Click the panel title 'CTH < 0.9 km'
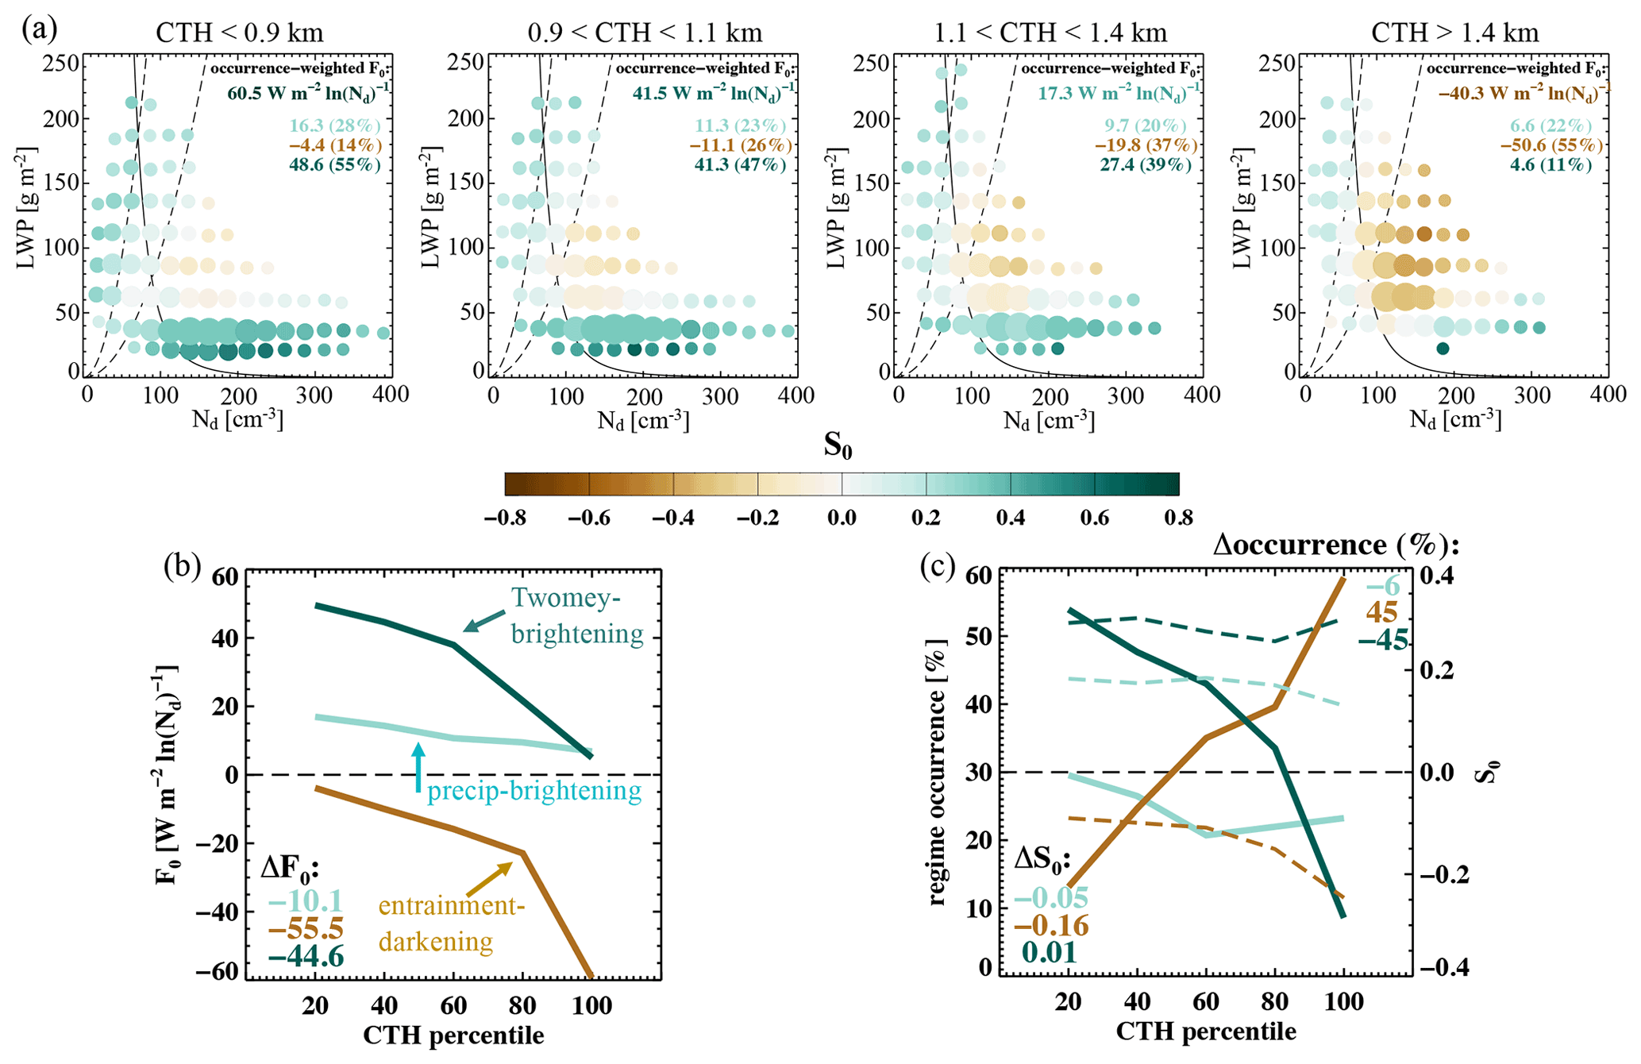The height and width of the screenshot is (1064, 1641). pyautogui.click(x=239, y=33)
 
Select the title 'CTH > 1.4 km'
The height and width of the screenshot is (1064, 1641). pyautogui.click(x=1455, y=33)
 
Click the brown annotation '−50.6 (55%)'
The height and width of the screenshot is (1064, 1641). pyautogui.click(x=1551, y=145)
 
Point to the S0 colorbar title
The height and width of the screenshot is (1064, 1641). pyautogui.click(x=838, y=446)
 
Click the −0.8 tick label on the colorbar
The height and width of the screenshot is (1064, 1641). pyautogui.click(x=506, y=519)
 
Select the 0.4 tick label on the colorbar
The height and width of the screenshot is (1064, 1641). pyautogui.click(x=1010, y=519)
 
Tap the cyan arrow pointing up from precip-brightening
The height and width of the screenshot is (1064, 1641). pyautogui.click(x=418, y=766)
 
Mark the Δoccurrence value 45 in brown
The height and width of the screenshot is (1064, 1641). pyautogui.click(x=1381, y=613)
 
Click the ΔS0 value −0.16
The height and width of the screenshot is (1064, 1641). pyautogui.click(x=1052, y=925)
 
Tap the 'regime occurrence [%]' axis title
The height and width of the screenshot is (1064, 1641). pyautogui.click(x=938, y=772)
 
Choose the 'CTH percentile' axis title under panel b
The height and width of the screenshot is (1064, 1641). pyautogui.click(x=453, y=1035)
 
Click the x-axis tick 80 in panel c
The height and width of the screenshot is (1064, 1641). pyautogui.click(x=1275, y=1002)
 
